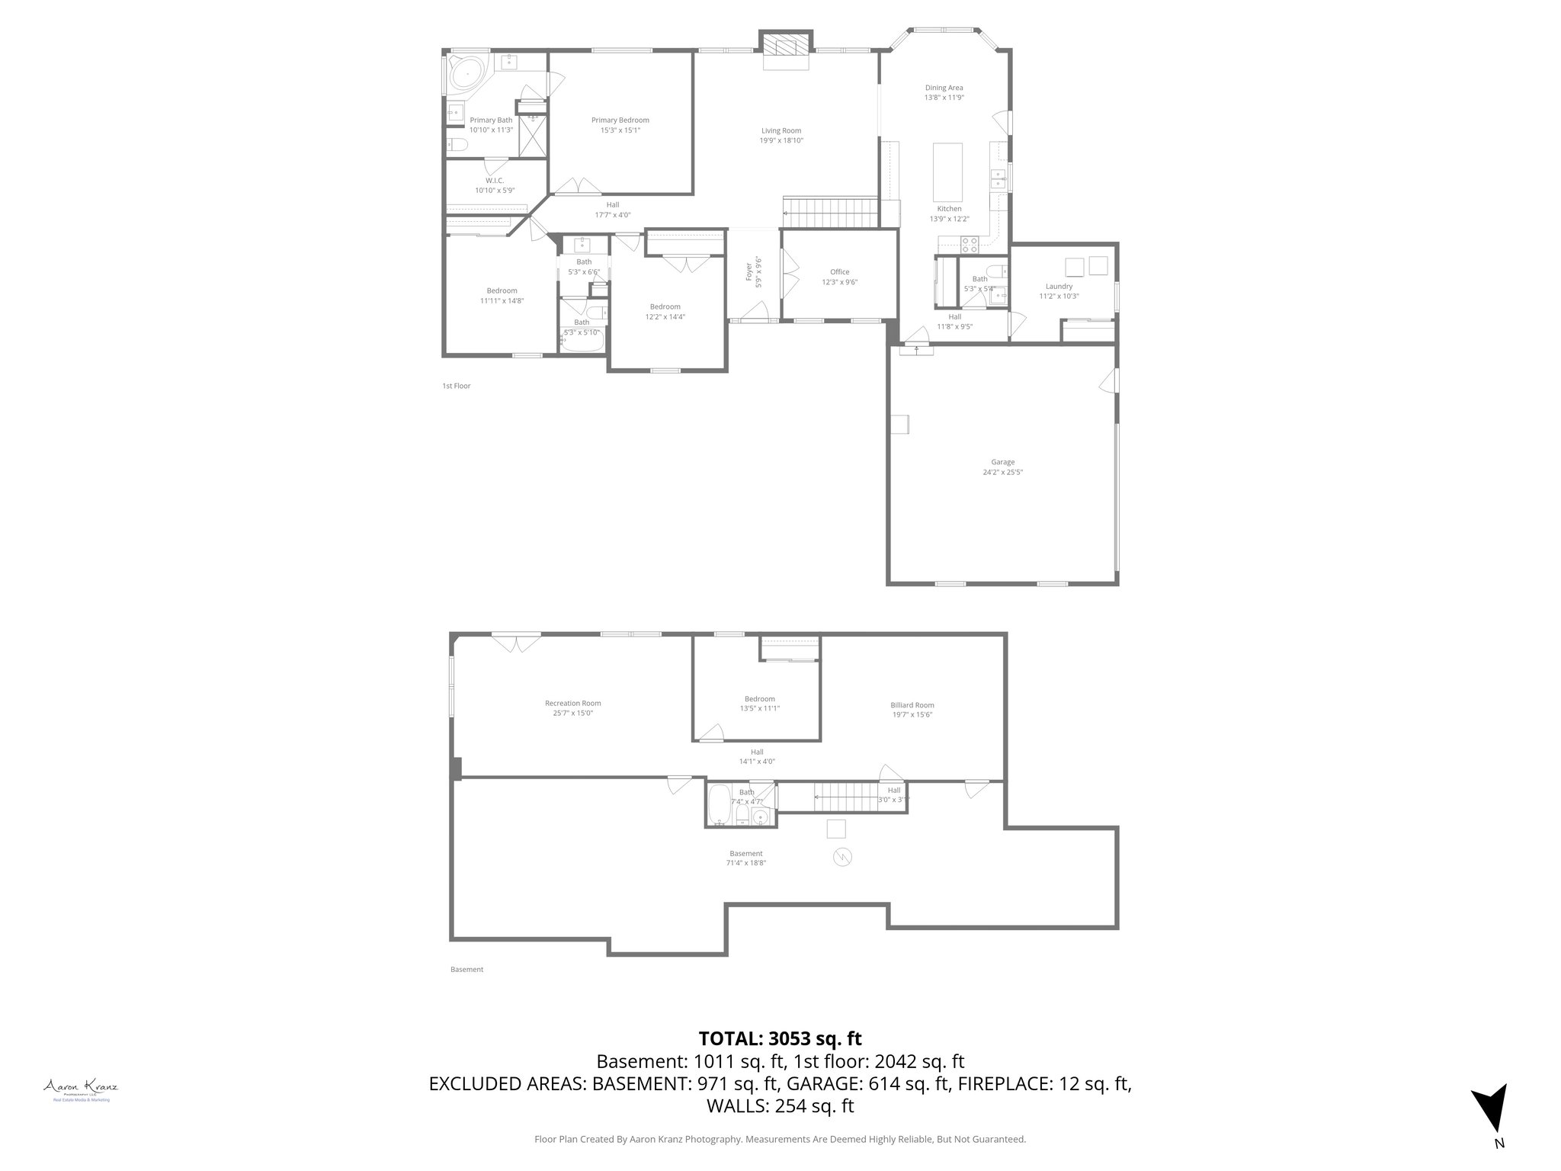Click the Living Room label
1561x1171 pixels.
[x=781, y=130]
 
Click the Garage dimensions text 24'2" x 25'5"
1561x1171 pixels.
[x=1002, y=472]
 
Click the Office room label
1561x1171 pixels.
[x=839, y=272]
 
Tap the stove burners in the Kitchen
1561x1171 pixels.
[x=969, y=245]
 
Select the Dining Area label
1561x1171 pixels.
[x=944, y=88]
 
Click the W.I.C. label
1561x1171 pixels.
[x=495, y=181]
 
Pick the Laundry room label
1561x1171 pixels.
[x=1059, y=287]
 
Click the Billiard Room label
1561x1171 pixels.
[x=912, y=705]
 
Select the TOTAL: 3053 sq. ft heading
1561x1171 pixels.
[x=780, y=1038]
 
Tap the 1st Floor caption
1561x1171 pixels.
[x=457, y=386]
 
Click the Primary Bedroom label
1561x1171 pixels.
[x=620, y=120]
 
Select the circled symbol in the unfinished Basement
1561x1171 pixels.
[x=842, y=857]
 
